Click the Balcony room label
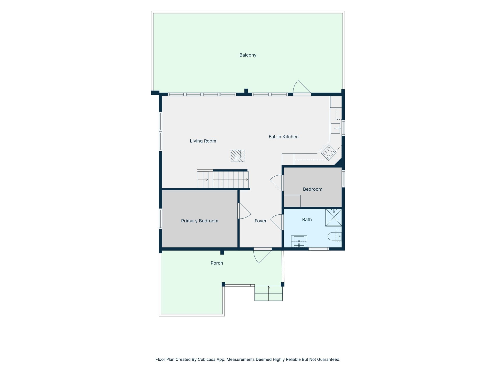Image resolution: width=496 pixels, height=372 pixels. [x=248, y=55]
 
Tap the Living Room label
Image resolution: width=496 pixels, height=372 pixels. [x=203, y=141]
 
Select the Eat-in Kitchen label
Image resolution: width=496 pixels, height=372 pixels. [x=284, y=137]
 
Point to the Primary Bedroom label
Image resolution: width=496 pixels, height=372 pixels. [x=200, y=221]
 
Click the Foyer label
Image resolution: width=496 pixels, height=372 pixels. [x=260, y=221]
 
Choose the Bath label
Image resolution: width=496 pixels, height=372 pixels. [x=307, y=220]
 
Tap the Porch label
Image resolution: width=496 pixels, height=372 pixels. [x=217, y=263]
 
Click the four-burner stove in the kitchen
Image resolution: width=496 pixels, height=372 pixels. [x=329, y=153]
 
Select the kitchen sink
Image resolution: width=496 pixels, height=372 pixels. [x=336, y=128]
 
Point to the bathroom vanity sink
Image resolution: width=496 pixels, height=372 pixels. [x=299, y=241]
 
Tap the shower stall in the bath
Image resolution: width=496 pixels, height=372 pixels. [x=334, y=217]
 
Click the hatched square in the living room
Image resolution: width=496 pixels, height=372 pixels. [x=238, y=156]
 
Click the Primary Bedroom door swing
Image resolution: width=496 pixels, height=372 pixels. [x=244, y=211]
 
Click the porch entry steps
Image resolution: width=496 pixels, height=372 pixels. [x=268, y=293]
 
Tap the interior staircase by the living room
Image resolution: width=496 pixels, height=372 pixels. [x=223, y=179]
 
